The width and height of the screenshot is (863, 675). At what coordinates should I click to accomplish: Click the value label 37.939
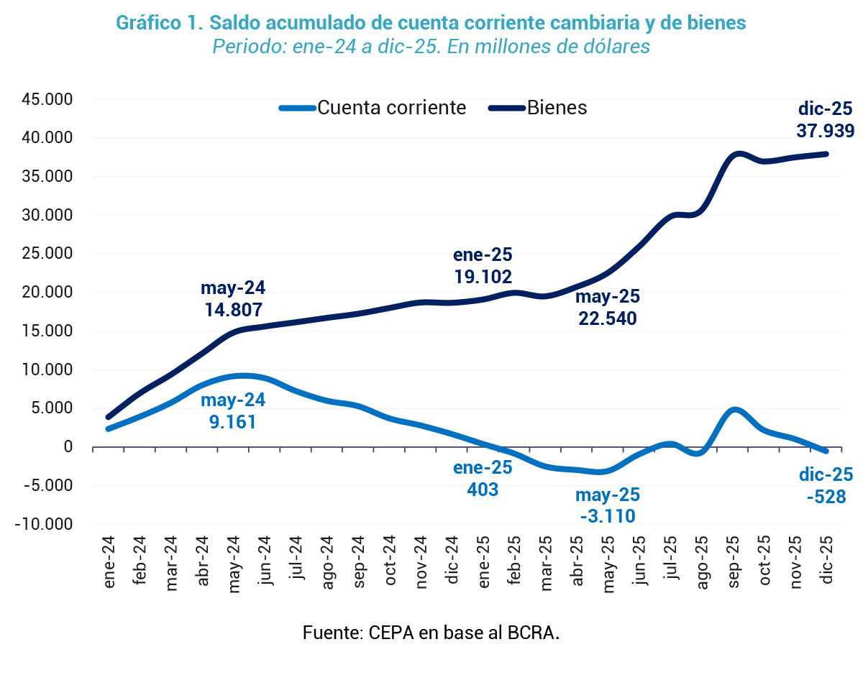(x=825, y=131)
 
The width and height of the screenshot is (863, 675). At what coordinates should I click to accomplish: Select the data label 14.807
(x=232, y=310)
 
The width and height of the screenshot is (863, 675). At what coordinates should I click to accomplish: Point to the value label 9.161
(x=232, y=421)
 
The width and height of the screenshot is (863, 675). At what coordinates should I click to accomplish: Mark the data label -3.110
(x=607, y=515)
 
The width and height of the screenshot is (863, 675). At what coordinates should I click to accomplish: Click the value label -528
(x=826, y=496)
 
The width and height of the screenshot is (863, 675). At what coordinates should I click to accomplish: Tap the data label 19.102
(x=483, y=277)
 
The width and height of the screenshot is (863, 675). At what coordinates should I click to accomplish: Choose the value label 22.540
(x=607, y=318)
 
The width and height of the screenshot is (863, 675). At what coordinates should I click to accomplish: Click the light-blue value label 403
(x=483, y=490)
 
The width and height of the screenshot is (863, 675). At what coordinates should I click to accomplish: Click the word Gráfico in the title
(x=148, y=23)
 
